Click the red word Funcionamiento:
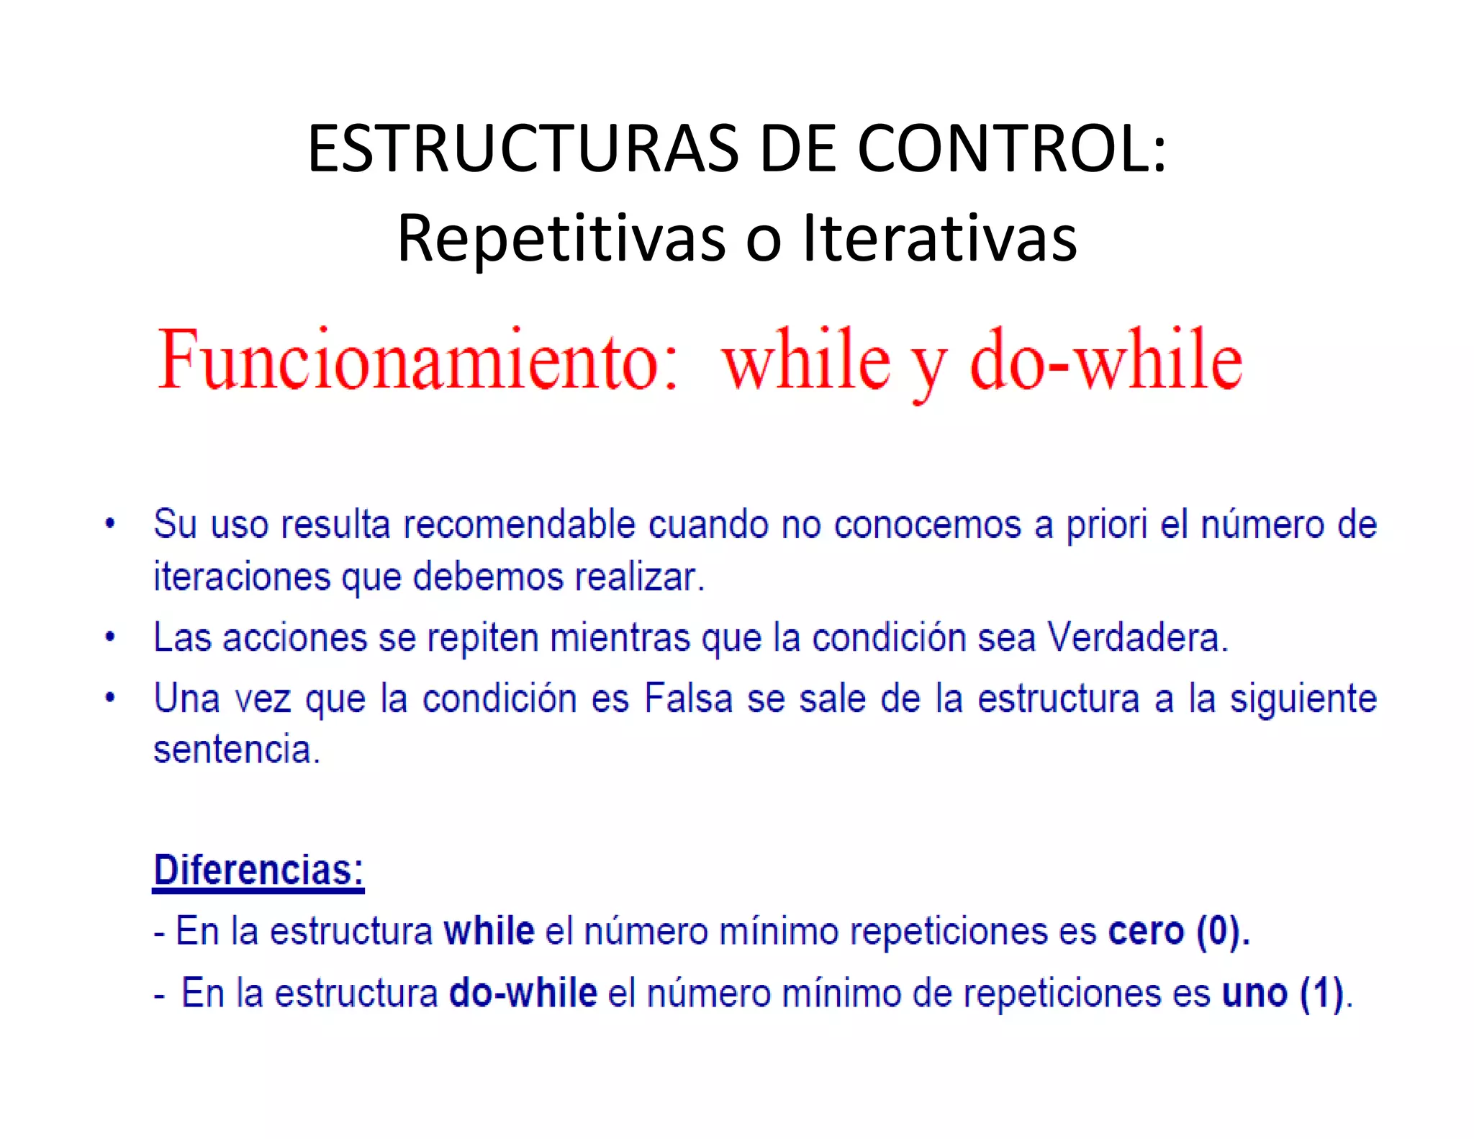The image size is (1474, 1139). tap(417, 360)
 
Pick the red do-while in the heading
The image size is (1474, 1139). tap(1106, 360)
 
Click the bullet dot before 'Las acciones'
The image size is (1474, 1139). tap(110, 637)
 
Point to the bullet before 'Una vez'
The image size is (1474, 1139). tap(110, 698)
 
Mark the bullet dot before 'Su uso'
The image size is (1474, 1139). tap(110, 523)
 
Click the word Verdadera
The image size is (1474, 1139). tap(1137, 638)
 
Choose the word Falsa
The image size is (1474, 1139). tap(688, 698)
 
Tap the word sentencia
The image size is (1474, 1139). tap(236, 749)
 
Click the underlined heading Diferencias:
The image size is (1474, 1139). tap(258, 870)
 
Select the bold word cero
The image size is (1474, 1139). tap(1146, 931)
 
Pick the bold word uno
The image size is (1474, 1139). tap(1254, 993)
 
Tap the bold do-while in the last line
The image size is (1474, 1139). tap(523, 993)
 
